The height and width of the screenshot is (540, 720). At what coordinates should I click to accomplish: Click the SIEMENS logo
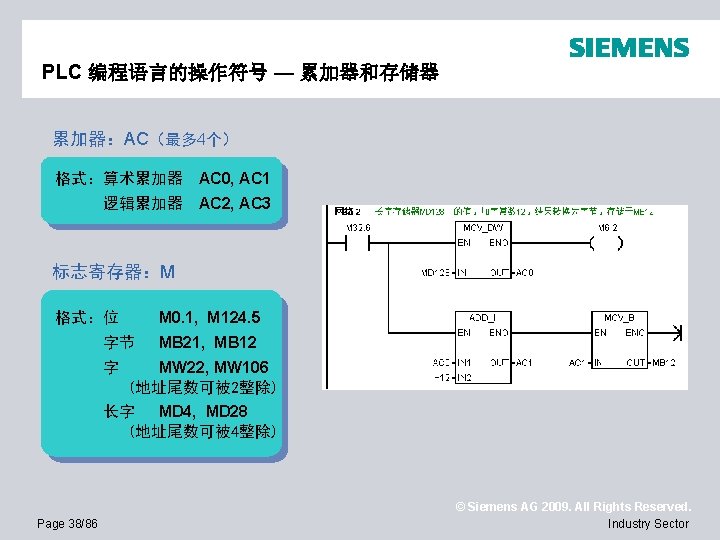(x=629, y=48)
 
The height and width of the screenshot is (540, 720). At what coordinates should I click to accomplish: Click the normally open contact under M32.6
(x=358, y=242)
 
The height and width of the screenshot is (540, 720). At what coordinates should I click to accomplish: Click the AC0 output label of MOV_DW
(x=525, y=272)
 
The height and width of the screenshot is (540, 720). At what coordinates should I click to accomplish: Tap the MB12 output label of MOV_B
(x=664, y=362)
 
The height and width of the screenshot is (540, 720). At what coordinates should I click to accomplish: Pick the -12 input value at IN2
(x=441, y=377)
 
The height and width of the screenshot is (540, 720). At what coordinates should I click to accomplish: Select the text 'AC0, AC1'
(x=234, y=179)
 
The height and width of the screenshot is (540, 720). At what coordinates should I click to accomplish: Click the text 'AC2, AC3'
(x=234, y=204)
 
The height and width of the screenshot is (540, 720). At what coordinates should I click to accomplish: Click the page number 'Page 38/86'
(x=67, y=523)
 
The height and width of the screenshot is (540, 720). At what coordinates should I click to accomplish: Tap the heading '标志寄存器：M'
(x=114, y=272)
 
